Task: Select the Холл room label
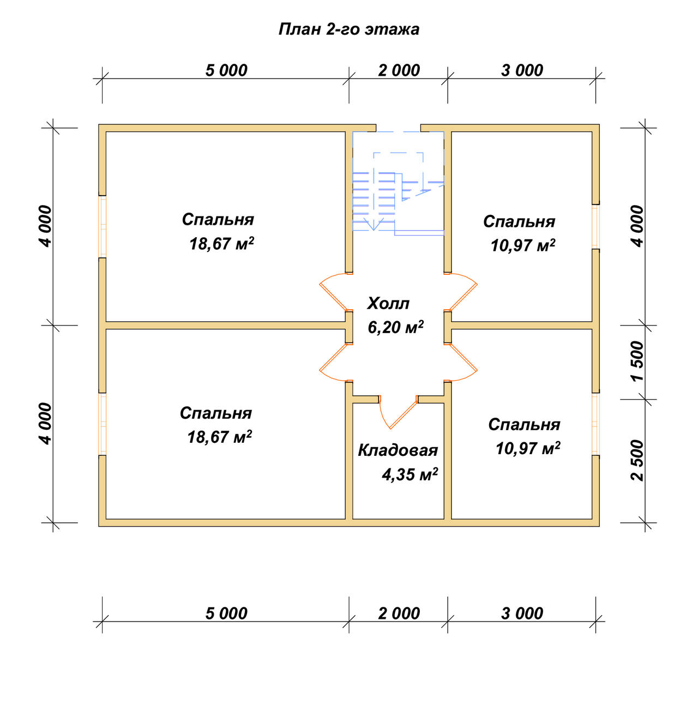[388, 304]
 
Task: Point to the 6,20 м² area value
[395, 327]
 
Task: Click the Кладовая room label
[398, 450]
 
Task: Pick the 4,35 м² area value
[410, 474]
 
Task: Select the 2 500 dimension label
[637, 460]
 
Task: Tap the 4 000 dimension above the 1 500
[637, 226]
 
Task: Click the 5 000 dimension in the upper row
[226, 70]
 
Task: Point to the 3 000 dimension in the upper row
[522, 70]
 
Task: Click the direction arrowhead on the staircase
[373, 225]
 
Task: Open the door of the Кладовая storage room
[398, 412]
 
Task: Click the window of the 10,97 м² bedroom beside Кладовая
[595, 424]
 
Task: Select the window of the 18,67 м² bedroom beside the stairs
[102, 226]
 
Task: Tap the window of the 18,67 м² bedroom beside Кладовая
[102, 424]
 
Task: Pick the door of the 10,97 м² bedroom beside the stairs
[461, 291]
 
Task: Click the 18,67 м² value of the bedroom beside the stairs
[222, 244]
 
